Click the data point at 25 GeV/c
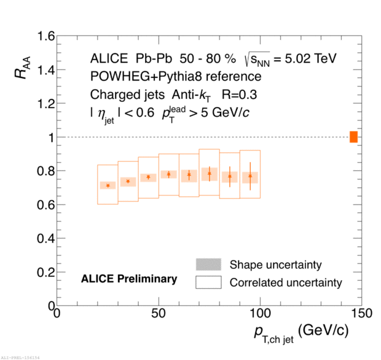(108, 186)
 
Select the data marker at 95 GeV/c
(250, 176)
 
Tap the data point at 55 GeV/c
(168, 174)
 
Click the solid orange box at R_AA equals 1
(353, 137)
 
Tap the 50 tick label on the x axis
(159, 313)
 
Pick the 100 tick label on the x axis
(261, 313)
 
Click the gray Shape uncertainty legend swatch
(208, 265)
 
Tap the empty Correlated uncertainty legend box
(208, 283)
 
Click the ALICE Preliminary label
(129, 279)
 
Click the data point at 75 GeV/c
(210, 174)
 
